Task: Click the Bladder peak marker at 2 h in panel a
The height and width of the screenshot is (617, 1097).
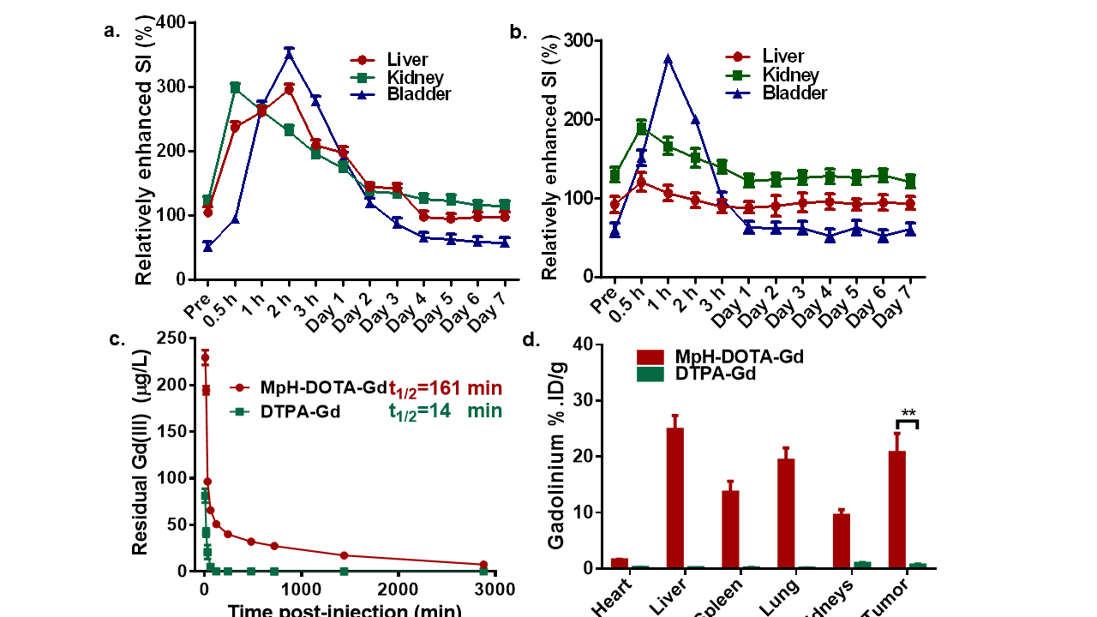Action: coord(289,54)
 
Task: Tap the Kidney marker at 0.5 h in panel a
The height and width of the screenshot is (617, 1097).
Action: coord(235,87)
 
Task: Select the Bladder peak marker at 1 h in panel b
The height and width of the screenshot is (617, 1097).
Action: coord(668,60)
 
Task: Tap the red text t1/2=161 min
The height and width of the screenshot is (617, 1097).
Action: coord(446,388)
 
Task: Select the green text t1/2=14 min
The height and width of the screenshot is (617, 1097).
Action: coord(446,411)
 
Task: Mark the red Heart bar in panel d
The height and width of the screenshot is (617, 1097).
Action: coord(620,563)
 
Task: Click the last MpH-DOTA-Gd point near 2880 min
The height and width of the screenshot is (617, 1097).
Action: coord(483,565)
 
